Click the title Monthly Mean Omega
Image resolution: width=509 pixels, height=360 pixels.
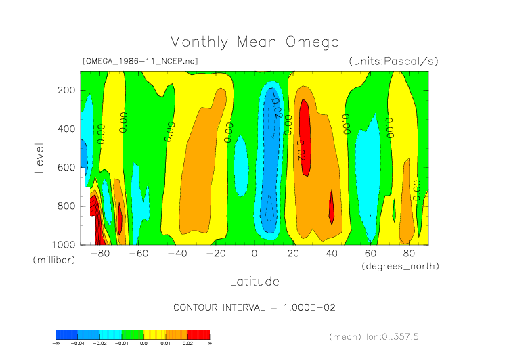tap(254, 43)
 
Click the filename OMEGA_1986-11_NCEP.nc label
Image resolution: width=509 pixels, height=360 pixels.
tap(140, 61)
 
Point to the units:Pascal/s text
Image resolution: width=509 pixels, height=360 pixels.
tap(394, 61)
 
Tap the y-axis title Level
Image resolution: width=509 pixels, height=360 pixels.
tap(39, 156)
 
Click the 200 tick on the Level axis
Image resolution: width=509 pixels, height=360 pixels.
tap(66, 90)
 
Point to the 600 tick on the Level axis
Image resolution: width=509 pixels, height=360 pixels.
tap(66, 167)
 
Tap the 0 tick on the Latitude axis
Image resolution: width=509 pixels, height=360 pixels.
tap(255, 254)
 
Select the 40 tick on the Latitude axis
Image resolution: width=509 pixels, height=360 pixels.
tap(332, 254)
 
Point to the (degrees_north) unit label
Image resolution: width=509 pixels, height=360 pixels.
tap(400, 266)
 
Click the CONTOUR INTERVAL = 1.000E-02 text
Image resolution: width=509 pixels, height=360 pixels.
tap(255, 307)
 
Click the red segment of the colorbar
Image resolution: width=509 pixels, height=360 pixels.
tap(199, 334)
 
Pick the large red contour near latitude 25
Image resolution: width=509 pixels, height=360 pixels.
tap(305, 139)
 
